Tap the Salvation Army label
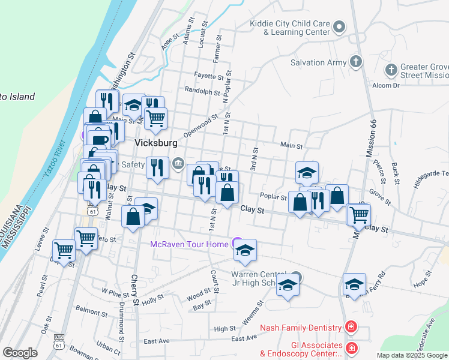(x=318, y=62)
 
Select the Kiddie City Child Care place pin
(x=339, y=26)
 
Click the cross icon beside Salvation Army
(x=356, y=61)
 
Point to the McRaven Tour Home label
(x=189, y=244)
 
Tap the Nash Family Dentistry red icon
(x=351, y=328)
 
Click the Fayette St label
(x=208, y=76)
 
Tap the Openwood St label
(x=200, y=127)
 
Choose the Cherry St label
(x=134, y=290)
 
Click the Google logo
(x=20, y=353)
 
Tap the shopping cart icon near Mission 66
(x=359, y=214)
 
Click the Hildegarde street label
(x=430, y=173)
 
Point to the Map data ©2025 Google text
(x=412, y=355)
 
